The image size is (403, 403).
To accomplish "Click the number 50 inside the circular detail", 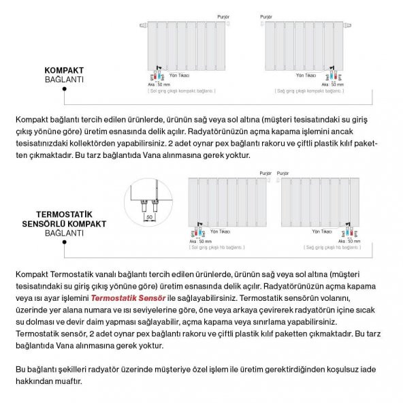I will (149, 216).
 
